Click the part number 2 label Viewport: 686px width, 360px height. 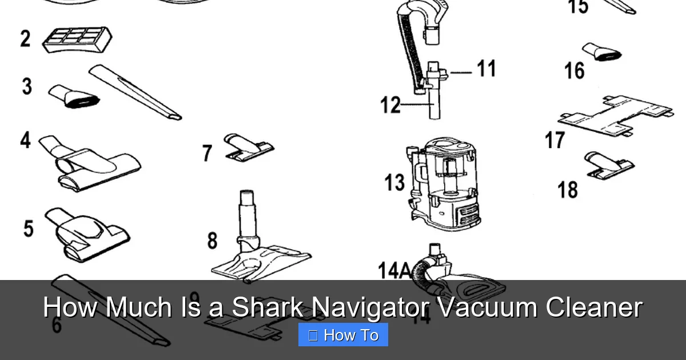tap(25, 39)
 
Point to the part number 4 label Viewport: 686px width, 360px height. tap(25, 140)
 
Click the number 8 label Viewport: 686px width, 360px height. tap(212, 241)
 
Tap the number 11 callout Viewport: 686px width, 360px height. tap(486, 69)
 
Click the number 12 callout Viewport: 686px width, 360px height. tap(391, 105)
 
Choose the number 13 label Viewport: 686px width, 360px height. tap(394, 183)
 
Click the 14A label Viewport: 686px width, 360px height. tap(394, 270)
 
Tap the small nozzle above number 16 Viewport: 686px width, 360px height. tap(601, 52)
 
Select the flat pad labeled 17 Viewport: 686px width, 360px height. tap(615, 114)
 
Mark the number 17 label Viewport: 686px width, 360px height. tap(555, 140)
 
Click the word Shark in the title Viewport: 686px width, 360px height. tap(268, 308)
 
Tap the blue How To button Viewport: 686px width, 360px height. tap(343, 335)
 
